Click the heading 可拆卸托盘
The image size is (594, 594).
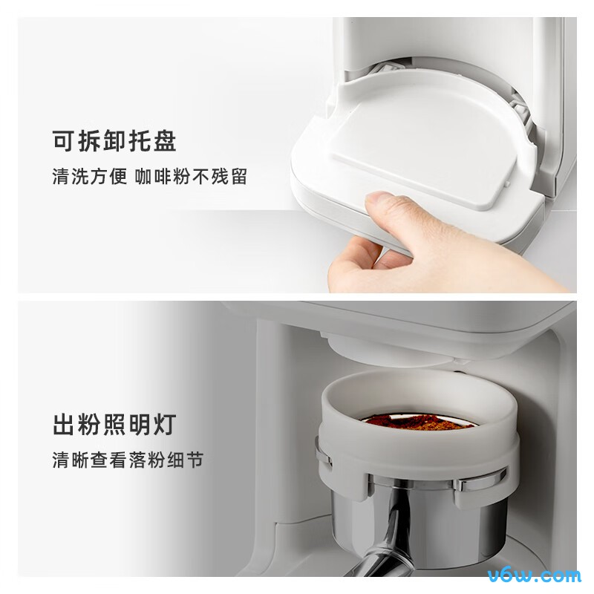pos(114,141)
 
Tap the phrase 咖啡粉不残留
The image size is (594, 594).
pos(192,178)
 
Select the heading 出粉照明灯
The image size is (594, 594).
pos(114,425)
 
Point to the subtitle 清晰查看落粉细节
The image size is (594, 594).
pos(128,461)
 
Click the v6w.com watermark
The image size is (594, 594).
pos(531,574)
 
